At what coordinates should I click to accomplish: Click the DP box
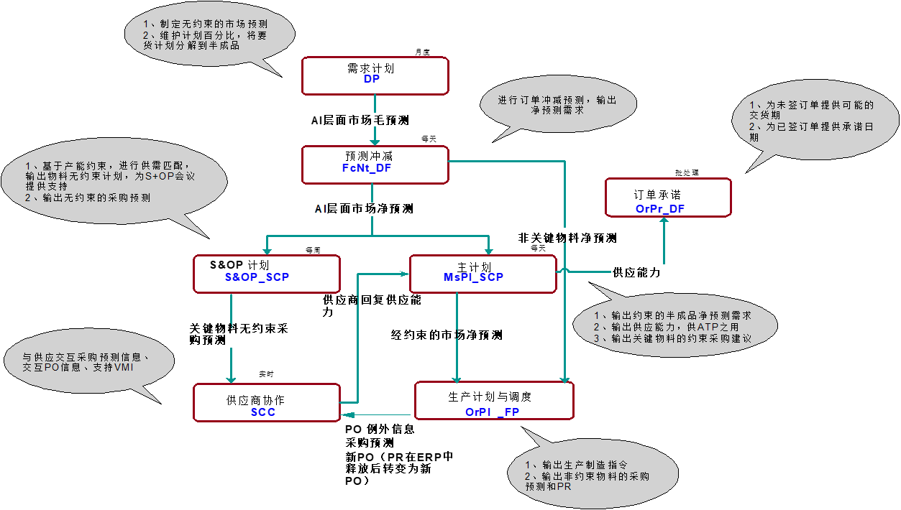coord(375,76)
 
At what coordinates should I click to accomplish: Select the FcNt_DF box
coord(375,165)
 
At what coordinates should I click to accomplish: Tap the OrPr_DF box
coord(668,198)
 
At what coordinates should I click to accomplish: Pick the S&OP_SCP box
coord(266,274)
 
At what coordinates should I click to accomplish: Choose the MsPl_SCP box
coord(482,274)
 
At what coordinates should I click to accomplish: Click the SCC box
coord(266,402)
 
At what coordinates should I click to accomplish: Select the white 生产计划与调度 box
coord(494,401)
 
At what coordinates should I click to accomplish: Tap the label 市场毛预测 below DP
coord(375,120)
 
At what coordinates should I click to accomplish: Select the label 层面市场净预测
coord(371,209)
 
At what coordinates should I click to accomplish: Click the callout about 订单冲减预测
coord(557,105)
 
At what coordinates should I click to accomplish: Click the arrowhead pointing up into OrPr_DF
coord(664,221)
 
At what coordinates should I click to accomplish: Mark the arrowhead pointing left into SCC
coord(347,414)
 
